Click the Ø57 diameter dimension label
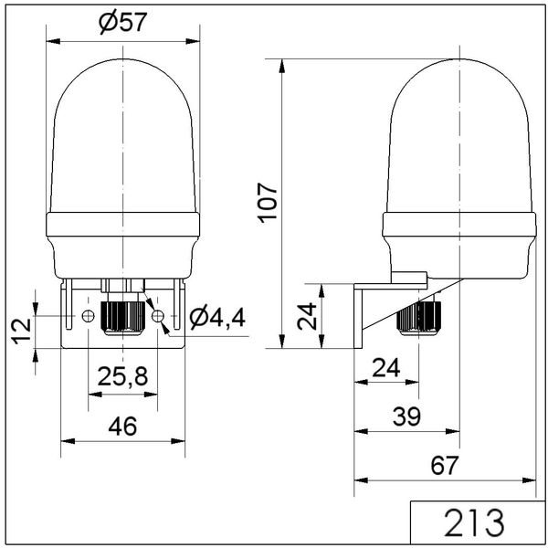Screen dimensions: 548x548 122,23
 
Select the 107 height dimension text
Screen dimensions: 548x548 268,203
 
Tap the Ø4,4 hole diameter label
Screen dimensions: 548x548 217,317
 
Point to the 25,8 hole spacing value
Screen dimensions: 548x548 122,376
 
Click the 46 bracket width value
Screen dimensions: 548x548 122,427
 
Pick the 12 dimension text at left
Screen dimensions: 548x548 23,331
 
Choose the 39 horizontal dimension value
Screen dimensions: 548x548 406,416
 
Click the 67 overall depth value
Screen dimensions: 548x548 444,466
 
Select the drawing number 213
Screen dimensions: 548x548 474,523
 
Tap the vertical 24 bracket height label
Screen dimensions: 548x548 307,317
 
